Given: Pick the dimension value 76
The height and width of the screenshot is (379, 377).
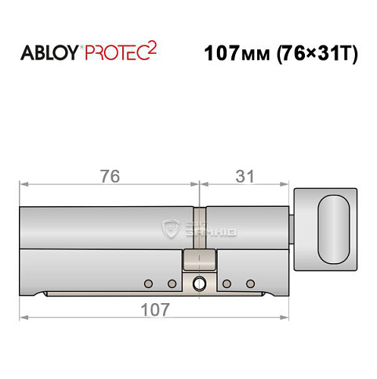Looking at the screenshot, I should (109, 176).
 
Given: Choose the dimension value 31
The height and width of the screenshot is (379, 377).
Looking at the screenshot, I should (244, 176).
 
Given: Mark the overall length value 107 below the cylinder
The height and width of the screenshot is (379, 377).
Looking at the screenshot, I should (156, 309).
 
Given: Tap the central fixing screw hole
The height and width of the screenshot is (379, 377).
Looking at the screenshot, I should (199, 284).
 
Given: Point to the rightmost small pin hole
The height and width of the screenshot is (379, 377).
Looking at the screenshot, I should (250, 283).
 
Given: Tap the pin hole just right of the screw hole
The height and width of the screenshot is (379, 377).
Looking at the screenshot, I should (226, 283).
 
